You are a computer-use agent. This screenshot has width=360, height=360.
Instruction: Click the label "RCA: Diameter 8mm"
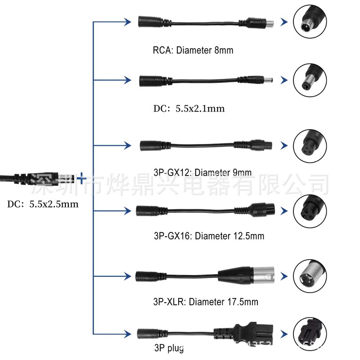193,50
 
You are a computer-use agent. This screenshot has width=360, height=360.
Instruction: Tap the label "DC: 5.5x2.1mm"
189,108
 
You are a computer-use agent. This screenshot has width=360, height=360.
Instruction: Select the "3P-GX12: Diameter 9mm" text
202,172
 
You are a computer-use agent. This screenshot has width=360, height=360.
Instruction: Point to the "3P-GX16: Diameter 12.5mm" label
208,235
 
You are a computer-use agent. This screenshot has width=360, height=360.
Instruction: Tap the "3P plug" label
168,347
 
